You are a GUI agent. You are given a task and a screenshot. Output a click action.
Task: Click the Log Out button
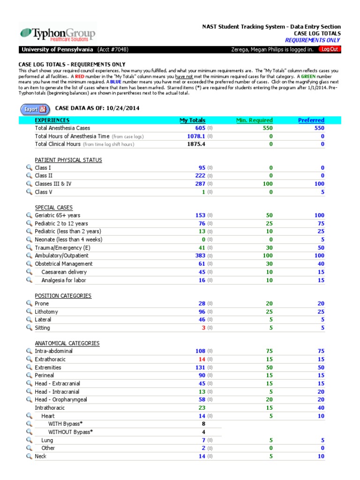[330, 50]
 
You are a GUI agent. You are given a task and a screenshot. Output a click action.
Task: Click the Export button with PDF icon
[35, 109]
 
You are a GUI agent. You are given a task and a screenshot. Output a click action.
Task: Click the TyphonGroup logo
[57, 34]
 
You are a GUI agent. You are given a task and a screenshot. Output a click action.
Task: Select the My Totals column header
[192, 120]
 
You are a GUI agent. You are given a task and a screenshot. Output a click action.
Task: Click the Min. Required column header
[254, 120]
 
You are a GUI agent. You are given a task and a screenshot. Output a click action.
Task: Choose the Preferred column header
[311, 120]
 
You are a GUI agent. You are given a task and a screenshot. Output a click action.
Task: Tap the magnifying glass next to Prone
[29, 304]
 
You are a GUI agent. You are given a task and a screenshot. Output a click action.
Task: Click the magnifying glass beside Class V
[29, 192]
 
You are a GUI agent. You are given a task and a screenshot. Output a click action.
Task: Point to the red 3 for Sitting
[203, 328]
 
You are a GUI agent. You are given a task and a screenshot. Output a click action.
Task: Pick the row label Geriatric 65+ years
[57, 215]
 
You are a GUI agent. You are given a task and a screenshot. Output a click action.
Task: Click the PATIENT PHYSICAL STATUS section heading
[68, 160]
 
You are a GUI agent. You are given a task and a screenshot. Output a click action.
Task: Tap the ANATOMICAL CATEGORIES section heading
[67, 343]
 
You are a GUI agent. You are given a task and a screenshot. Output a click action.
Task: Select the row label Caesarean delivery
[64, 272]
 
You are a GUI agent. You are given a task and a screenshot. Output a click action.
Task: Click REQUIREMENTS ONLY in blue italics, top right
[313, 40]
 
